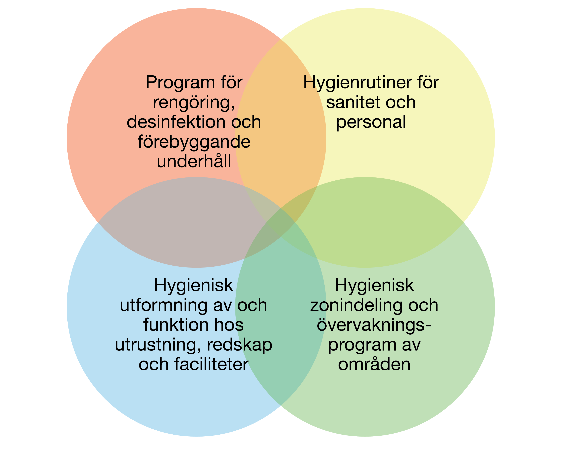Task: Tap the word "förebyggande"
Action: [x=194, y=142]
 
